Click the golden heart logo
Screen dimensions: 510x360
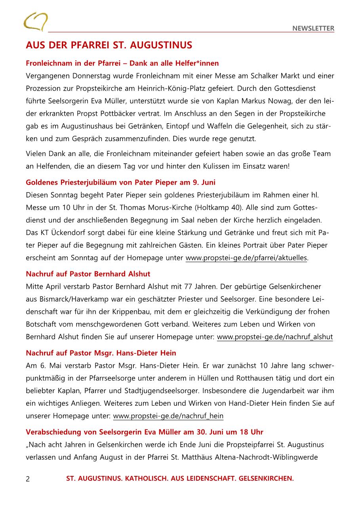[35, 21]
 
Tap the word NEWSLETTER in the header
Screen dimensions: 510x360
[313, 28]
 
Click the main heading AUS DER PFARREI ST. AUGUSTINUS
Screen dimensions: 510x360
[109, 45]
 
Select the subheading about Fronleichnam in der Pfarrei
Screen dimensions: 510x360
[122, 63]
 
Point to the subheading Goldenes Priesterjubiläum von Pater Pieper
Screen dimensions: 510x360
[120, 182]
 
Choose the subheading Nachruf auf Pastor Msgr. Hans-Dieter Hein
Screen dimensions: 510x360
[101, 353]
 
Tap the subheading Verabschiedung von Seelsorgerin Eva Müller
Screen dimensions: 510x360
[145, 432]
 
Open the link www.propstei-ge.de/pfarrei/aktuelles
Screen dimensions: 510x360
[246, 258]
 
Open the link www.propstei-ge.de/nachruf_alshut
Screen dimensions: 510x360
[275, 337]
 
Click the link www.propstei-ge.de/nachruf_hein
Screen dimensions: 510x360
[168, 416]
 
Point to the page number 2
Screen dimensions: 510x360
[28, 479]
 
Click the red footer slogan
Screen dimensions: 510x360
[180, 479]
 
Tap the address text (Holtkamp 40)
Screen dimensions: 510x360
[229, 208]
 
